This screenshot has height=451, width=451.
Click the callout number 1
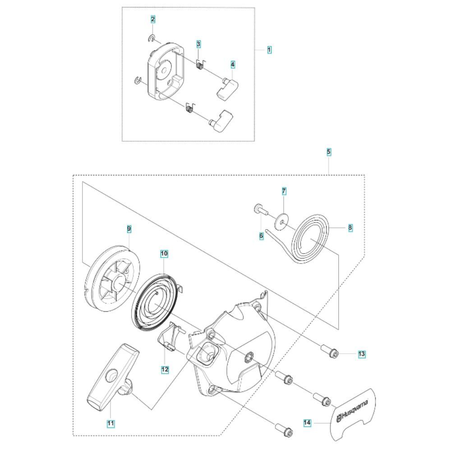click(269, 50)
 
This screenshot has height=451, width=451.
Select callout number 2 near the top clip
click(153, 19)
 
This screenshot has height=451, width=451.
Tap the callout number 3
click(198, 44)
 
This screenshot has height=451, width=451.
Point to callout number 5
click(329, 152)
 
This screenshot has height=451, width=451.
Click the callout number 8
click(350, 228)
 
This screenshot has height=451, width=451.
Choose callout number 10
click(164, 253)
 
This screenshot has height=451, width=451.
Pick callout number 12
click(165, 369)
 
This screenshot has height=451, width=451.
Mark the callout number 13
click(362, 354)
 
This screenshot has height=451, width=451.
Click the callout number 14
click(307, 423)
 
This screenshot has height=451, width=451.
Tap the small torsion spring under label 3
click(200, 64)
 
